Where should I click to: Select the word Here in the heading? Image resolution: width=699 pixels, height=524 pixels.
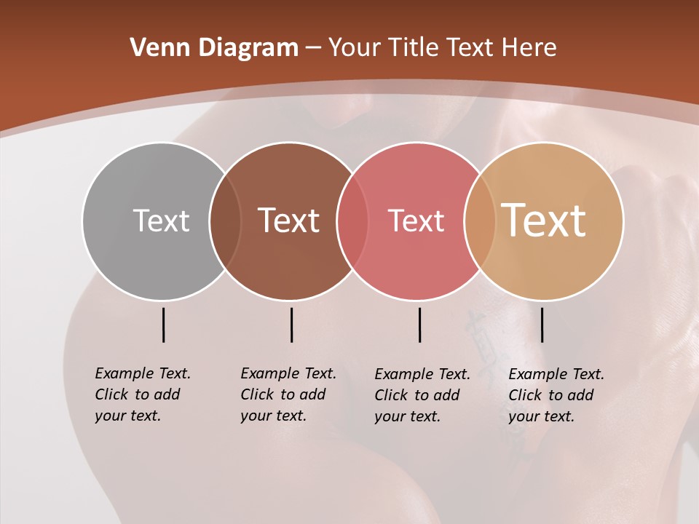point(530,48)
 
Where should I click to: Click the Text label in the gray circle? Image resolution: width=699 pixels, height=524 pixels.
point(161,221)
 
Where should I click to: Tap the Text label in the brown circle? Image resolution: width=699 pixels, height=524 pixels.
point(289,221)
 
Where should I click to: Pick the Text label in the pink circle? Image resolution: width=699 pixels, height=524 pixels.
point(416,221)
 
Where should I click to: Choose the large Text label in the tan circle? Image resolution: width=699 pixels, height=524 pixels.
point(544,221)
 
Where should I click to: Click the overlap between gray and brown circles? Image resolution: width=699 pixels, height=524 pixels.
point(225,221)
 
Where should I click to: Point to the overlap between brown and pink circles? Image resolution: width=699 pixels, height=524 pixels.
point(352,221)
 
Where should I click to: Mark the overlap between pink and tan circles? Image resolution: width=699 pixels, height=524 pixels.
point(480,221)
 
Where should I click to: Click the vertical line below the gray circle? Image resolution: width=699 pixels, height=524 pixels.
point(164,325)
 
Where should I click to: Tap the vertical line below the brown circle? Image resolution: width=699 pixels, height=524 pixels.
point(291,325)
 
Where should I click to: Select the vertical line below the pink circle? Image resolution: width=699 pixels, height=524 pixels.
point(419,325)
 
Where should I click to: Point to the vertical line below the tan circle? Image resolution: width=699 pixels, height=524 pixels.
point(542,325)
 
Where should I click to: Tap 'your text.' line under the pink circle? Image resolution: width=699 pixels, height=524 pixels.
point(407,416)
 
